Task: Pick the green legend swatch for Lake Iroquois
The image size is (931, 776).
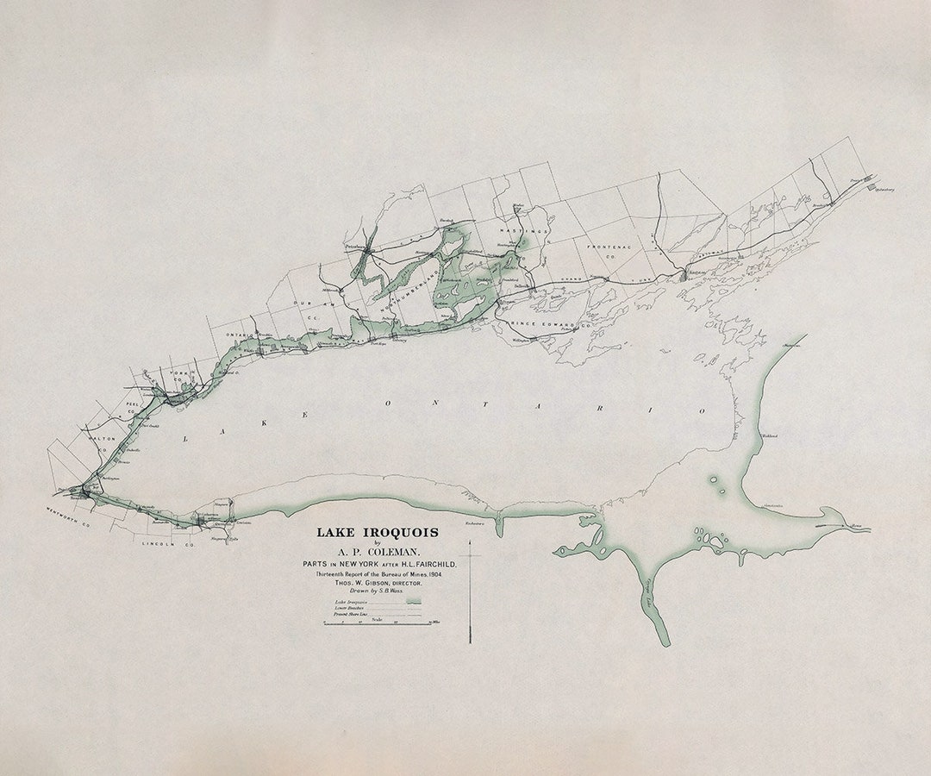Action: click(x=415, y=601)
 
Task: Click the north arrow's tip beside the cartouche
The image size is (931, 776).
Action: click(x=470, y=542)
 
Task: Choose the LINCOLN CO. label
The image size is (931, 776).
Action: click(x=167, y=545)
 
